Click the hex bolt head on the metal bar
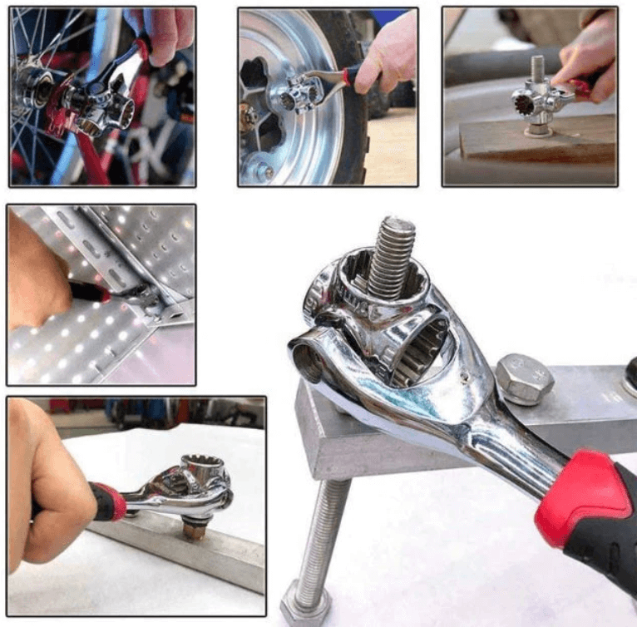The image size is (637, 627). pos(525,378)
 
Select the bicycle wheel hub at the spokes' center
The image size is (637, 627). pos(29,83)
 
